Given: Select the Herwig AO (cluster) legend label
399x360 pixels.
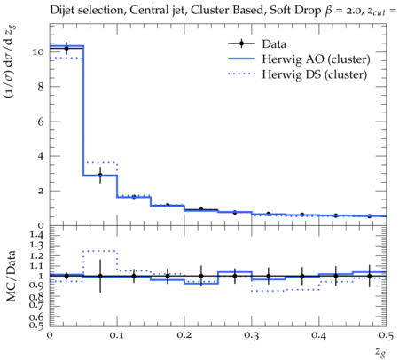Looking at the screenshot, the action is tap(316, 59).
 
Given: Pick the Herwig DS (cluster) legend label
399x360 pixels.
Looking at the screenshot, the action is tap(315, 74).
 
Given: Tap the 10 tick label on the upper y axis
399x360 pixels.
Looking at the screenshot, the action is tap(38, 52).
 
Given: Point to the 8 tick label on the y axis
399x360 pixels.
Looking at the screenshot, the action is tap(41, 87).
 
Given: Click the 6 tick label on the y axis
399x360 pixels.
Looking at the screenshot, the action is tap(41, 121).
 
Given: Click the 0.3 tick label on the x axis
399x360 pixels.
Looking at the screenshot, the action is tap(252, 335).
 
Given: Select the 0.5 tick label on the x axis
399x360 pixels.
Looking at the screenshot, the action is tap(386, 335).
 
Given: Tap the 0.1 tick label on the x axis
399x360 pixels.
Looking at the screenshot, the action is tap(117, 335).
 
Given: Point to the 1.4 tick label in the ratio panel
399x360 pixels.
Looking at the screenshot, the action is tap(36, 236).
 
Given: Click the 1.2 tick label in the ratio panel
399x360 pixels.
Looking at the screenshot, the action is tap(36, 255).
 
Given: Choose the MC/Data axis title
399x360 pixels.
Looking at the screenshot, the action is tap(12, 276).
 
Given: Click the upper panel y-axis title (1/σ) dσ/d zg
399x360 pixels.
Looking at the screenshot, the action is tap(11, 61).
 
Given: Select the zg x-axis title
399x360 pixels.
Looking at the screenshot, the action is tap(380, 352).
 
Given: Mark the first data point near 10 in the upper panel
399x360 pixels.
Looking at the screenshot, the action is tap(66, 49).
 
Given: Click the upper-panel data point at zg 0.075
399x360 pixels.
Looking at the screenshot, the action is tap(100, 175).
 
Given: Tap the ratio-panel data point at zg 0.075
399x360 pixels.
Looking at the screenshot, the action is tap(100, 276).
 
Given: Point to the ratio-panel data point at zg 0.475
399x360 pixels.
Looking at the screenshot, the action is tap(369, 276).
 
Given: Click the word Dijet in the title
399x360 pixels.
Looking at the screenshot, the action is tap(62, 11).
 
